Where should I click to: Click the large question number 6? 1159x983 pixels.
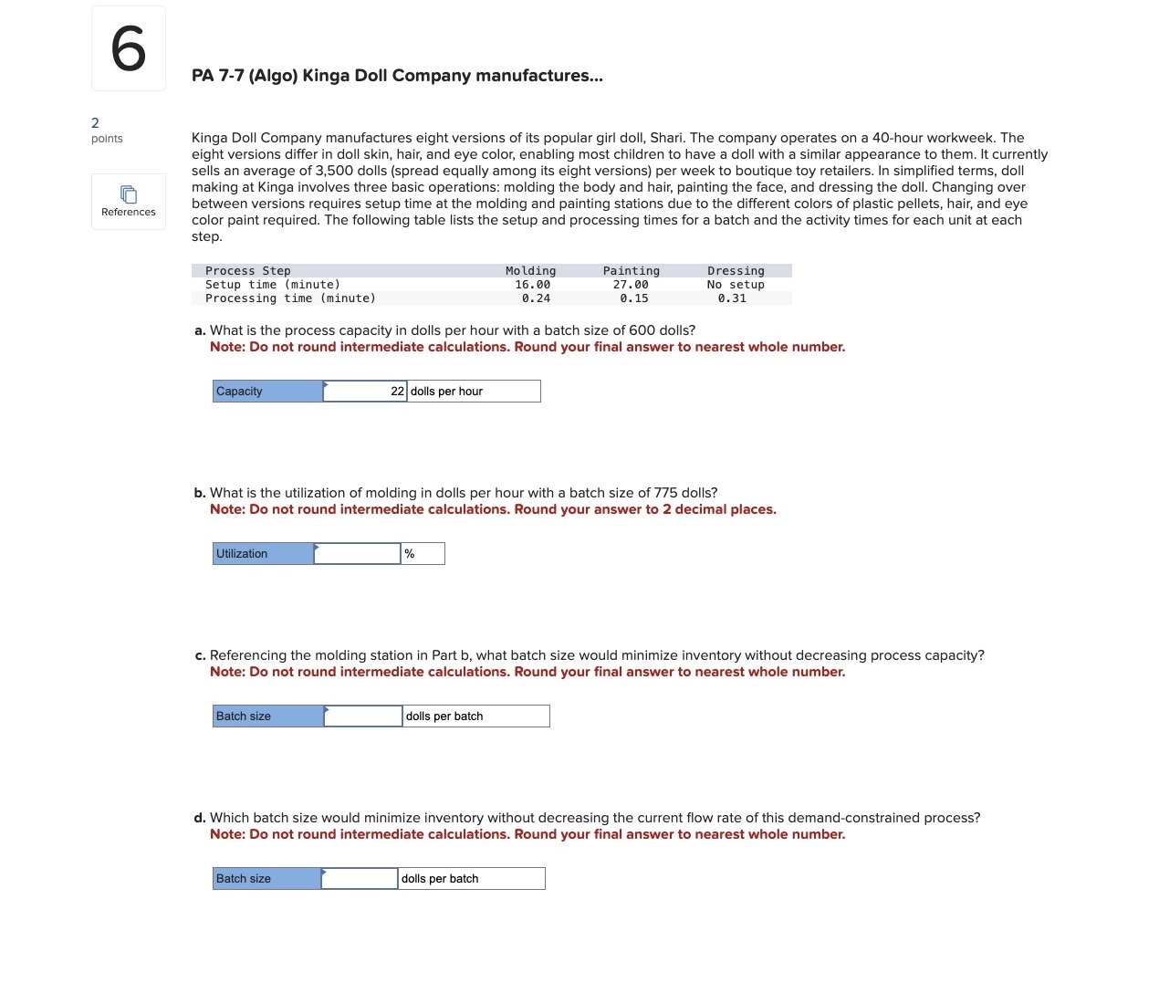pyautogui.click(x=128, y=48)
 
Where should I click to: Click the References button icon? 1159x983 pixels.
pyautogui.click(x=129, y=194)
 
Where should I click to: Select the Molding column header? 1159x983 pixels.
pyautogui.click(x=530, y=270)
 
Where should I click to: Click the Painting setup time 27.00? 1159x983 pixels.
pyautogui.click(x=631, y=284)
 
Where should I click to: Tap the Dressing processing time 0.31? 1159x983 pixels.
pyautogui.click(x=731, y=298)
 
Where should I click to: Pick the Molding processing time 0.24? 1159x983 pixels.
pyautogui.click(x=536, y=298)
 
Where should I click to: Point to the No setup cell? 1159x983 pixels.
pyautogui.click(x=736, y=284)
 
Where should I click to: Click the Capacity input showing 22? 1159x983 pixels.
pyautogui.click(x=365, y=391)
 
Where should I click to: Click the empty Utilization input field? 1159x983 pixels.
pyautogui.click(x=357, y=553)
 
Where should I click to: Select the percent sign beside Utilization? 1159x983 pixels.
pyautogui.click(x=410, y=553)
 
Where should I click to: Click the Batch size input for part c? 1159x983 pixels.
pyautogui.click(x=363, y=716)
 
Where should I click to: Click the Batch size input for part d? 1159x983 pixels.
pyautogui.click(x=360, y=878)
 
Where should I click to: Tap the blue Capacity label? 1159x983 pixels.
pyautogui.click(x=266, y=391)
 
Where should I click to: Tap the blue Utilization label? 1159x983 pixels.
pyautogui.click(x=262, y=553)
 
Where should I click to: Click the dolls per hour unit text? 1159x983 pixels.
pyautogui.click(x=446, y=391)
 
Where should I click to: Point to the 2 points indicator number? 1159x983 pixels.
pyautogui.click(x=95, y=122)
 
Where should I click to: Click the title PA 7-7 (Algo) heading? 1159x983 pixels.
pyautogui.click(x=397, y=75)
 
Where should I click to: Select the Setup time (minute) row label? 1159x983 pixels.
pyautogui.click(x=272, y=284)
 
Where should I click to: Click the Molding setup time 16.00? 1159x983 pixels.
pyautogui.click(x=532, y=284)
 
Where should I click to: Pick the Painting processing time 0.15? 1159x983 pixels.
pyautogui.click(x=633, y=298)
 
